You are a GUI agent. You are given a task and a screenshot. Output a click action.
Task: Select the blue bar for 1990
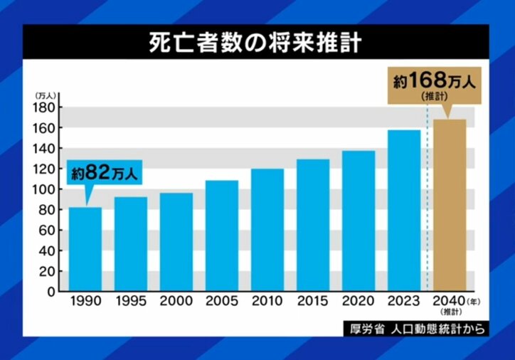[85, 248]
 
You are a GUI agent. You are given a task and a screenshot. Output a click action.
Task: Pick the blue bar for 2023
[404, 210]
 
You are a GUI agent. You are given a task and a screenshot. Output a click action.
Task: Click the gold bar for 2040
[450, 206]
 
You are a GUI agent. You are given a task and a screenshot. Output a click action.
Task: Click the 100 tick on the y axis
[46, 189]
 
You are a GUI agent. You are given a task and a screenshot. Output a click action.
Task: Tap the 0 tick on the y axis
[52, 292]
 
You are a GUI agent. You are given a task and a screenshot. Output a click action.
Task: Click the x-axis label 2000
[176, 301]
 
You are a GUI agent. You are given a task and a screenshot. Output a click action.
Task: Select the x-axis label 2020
[359, 301]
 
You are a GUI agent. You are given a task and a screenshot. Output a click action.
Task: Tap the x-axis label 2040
[447, 301]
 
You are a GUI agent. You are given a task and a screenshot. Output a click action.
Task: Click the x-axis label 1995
[131, 301]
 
